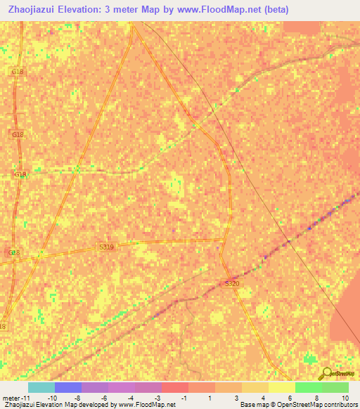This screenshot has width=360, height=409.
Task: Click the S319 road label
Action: (x=105, y=247)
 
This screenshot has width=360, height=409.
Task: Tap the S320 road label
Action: (x=232, y=283)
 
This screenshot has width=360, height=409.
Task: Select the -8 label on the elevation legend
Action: (x=77, y=397)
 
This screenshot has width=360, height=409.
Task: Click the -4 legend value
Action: (x=130, y=397)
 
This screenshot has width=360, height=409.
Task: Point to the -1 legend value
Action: (x=184, y=397)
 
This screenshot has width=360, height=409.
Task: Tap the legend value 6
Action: (x=289, y=397)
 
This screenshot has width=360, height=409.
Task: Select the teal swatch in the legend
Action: (x=41, y=387)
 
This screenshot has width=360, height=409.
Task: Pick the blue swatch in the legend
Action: (x=67, y=387)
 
